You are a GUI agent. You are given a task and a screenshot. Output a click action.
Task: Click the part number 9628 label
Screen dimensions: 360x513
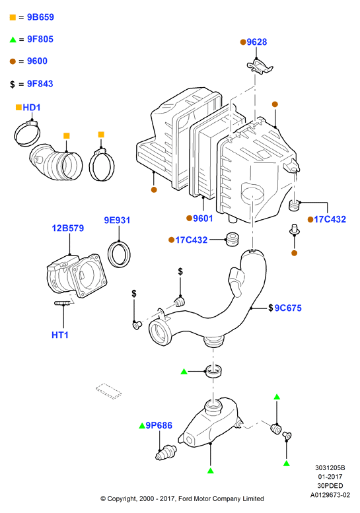tap(256, 42)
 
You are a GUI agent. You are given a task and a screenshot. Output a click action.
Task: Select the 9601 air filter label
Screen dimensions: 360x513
tap(203, 219)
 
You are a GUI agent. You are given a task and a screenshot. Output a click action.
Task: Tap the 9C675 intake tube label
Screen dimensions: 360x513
tap(288, 308)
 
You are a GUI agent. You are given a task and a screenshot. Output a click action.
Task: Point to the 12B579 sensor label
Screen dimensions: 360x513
tap(68, 228)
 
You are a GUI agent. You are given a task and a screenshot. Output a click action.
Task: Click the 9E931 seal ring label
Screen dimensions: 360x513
tap(117, 220)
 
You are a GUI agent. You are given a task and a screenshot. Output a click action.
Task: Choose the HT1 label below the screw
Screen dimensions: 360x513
tap(60, 335)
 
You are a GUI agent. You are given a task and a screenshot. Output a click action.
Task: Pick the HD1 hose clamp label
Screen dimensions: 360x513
tap(32, 108)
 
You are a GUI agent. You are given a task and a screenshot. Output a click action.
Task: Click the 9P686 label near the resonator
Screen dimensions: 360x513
tap(159, 425)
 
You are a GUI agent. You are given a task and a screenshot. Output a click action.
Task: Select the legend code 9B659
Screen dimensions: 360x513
tap(40, 17)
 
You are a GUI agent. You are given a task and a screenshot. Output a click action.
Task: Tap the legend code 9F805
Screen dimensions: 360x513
tap(40, 39)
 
